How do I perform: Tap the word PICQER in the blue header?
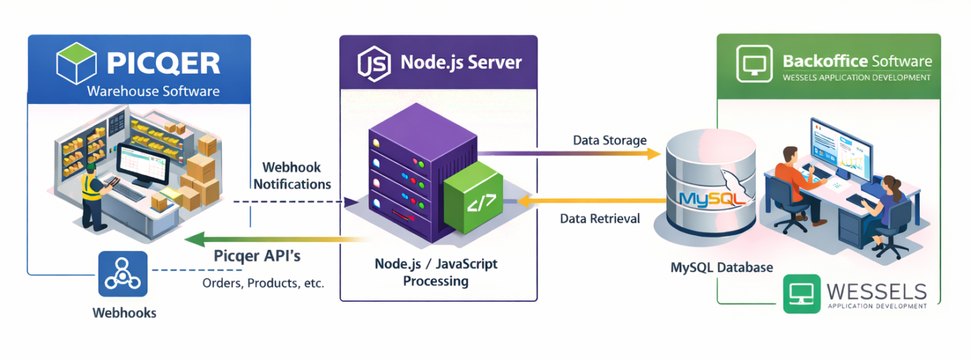(164, 64)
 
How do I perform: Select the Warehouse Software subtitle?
(153, 92)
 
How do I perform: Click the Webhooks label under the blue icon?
(124, 313)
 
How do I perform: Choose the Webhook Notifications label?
(292, 176)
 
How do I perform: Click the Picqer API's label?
(257, 256)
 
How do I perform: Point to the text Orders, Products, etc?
(263, 283)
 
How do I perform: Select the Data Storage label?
(610, 140)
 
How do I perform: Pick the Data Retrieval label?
(600, 218)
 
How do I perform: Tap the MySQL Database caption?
(721, 267)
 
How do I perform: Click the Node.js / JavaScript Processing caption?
(436, 273)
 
